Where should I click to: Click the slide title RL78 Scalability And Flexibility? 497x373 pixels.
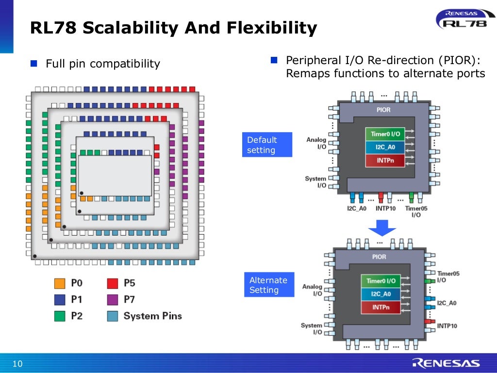click(x=173, y=28)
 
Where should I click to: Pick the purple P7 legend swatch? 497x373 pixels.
click(x=112, y=300)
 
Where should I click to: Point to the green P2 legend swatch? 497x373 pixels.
click(x=60, y=316)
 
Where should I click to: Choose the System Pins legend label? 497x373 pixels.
click(x=152, y=316)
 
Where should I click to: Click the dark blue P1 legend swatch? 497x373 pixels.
click(x=60, y=300)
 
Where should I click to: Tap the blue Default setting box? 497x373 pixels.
click(x=267, y=145)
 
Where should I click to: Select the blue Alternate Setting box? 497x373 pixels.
click(x=269, y=285)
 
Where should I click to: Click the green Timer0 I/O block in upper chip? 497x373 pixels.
click(x=384, y=134)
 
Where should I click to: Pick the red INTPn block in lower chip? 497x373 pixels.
click(x=381, y=307)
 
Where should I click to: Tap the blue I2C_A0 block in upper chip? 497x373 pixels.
click(x=384, y=147)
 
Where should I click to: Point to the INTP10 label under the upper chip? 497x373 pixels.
click(x=385, y=209)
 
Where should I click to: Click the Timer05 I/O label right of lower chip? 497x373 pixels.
click(x=448, y=276)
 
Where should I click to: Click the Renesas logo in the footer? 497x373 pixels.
click(x=446, y=363)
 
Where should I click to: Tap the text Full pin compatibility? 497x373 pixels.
click(x=102, y=64)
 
